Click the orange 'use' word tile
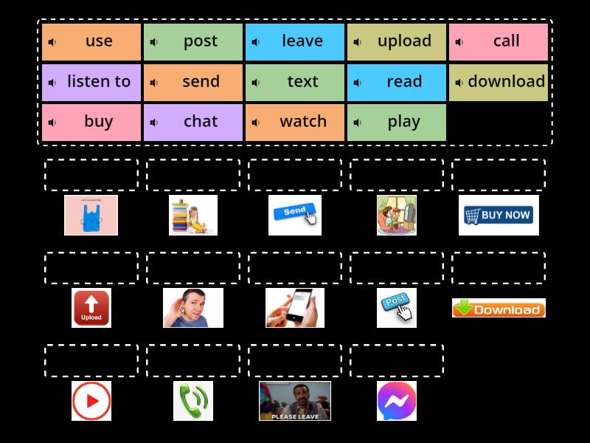(91, 41)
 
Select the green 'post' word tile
(193, 41)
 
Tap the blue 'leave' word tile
(295, 41)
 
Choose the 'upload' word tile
(397, 41)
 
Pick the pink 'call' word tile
(499, 41)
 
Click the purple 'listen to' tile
(91, 82)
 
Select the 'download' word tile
(499, 82)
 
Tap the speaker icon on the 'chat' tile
(153, 123)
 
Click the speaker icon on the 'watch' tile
(255, 123)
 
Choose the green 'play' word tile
(397, 123)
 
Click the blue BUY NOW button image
(499, 215)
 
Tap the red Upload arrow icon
(91, 308)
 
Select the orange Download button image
(499, 308)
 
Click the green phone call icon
(193, 401)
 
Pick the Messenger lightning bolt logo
(397, 401)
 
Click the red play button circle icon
(91, 401)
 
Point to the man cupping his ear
(193, 308)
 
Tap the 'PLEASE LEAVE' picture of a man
(295, 401)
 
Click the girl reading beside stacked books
(193, 215)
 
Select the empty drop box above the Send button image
(295, 175)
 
